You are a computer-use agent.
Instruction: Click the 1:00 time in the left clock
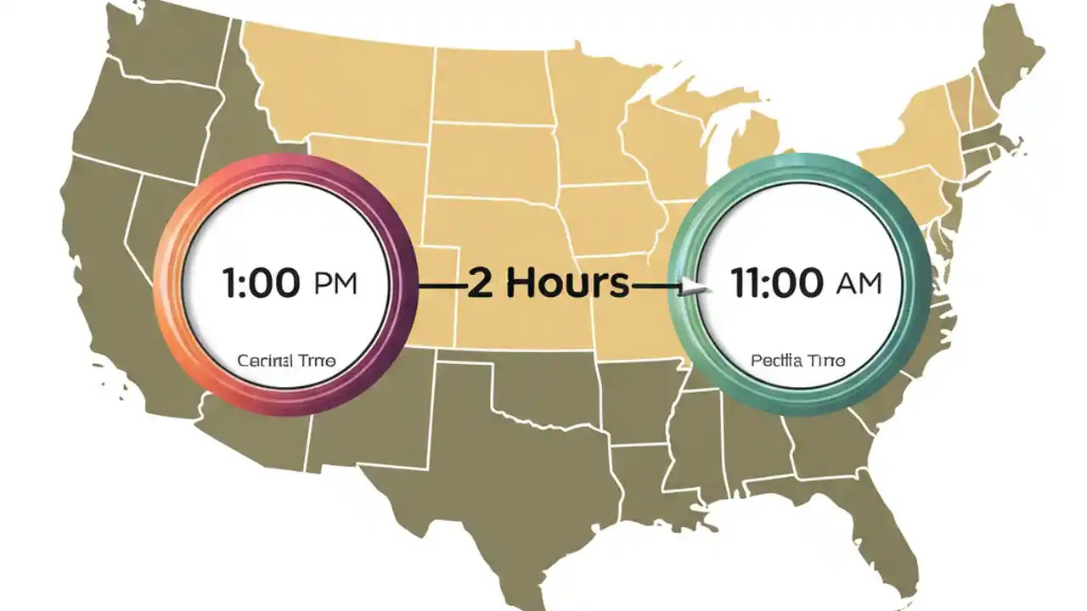pos(261,283)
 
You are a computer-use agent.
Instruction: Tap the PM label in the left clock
pos(335,283)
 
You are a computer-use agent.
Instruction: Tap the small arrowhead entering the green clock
pos(695,288)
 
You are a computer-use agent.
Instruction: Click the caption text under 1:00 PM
pos(286,361)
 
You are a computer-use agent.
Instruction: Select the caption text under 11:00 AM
pos(797,361)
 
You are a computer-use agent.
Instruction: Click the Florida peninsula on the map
pos(892,543)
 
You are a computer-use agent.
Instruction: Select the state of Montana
pos(340,76)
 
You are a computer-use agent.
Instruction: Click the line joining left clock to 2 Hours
pos(442,287)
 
